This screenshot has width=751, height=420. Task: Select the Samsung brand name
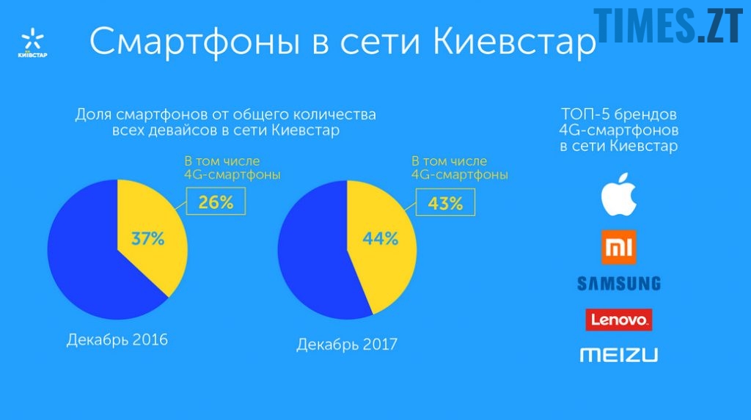coord(619,283)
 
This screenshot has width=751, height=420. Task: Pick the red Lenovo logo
coord(619,320)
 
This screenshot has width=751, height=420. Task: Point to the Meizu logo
coord(619,355)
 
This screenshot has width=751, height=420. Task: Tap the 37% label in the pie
coord(147,238)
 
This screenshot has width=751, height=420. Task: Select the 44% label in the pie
coord(380,238)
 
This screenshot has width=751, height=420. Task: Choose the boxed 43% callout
coord(445,202)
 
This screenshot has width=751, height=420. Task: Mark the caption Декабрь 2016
coord(117,340)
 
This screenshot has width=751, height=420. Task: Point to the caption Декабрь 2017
coord(347,344)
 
